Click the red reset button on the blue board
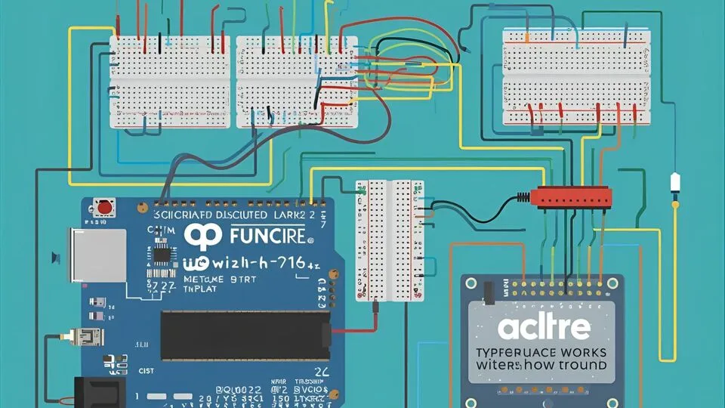point(104,206)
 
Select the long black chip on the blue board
point(245,335)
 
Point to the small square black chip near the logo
point(162,253)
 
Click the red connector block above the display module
point(572,196)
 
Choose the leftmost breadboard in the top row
point(169,82)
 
